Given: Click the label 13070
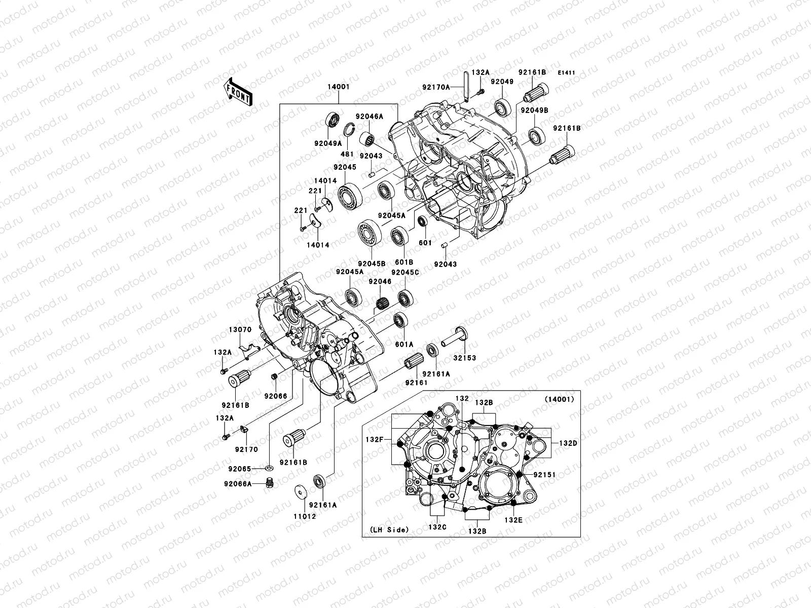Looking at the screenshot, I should pyautogui.click(x=240, y=329).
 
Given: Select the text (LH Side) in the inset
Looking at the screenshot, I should pyautogui.click(x=385, y=530).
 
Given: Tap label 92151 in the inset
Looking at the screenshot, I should pyautogui.click(x=544, y=475).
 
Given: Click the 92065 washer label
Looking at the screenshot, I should pyautogui.click(x=240, y=469).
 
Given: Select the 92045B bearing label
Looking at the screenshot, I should pyautogui.click(x=372, y=263).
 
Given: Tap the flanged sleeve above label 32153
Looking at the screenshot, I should pyautogui.click(x=454, y=335).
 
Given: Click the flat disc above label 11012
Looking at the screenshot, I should pyautogui.click(x=300, y=493).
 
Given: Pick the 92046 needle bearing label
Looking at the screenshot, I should pyautogui.click(x=381, y=281).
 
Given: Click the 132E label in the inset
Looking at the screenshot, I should pyautogui.click(x=513, y=519).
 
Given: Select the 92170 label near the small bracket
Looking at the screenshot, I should pyautogui.click(x=246, y=449).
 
